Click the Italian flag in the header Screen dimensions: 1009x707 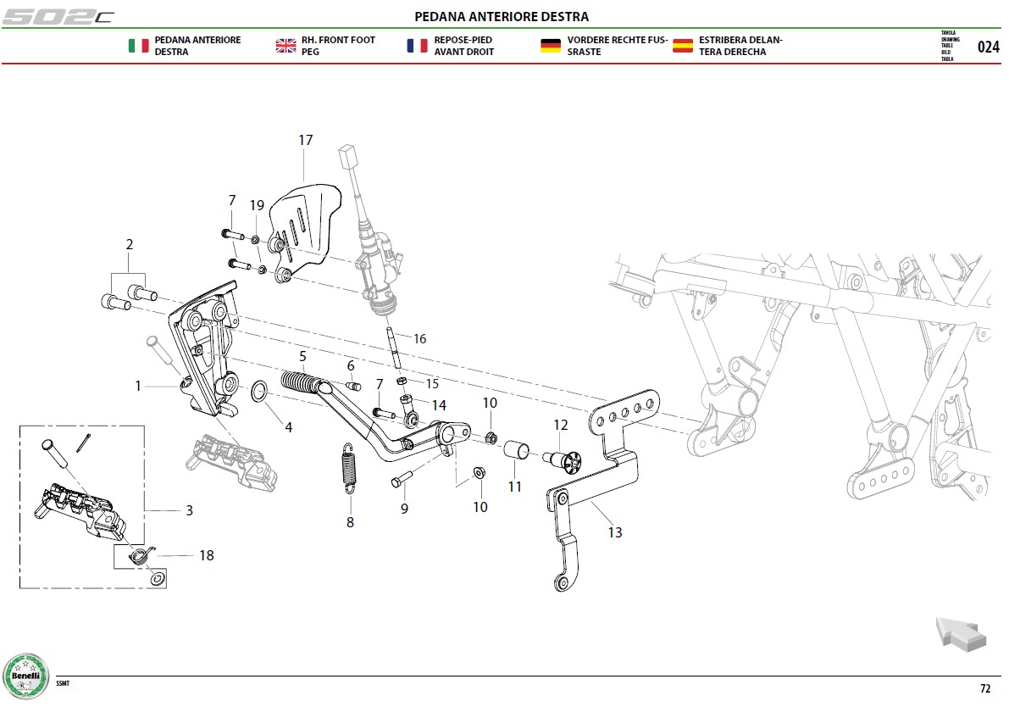138,46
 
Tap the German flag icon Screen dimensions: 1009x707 550,46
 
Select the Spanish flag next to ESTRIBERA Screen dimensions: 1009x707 683,46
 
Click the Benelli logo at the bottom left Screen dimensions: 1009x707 25,676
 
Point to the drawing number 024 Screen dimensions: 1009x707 989,47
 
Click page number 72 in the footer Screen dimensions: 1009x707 985,688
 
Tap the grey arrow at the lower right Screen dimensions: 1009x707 960,633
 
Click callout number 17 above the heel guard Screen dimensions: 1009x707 306,140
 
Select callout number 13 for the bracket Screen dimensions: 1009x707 615,532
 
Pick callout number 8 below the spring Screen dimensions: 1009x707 350,522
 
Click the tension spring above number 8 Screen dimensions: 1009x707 348,468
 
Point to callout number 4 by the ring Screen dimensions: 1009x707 289,427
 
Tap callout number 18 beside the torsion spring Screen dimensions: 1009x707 207,555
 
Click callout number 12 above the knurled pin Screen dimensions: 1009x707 561,425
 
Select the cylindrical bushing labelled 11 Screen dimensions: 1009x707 515,450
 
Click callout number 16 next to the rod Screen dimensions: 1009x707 419,339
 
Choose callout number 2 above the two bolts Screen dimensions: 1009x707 130,244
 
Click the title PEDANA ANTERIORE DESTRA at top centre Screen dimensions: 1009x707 502,16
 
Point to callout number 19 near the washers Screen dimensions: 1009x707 257,205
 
